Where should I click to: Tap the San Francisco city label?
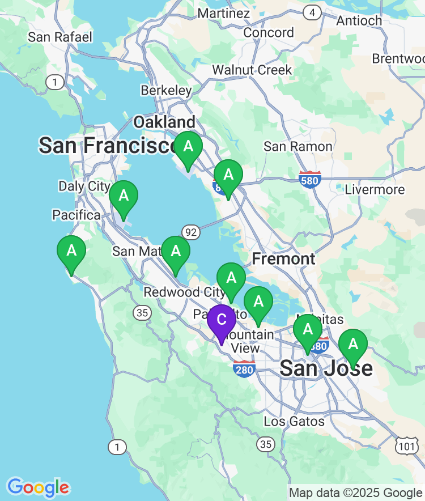pos(108,146)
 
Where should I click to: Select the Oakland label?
pos(164,122)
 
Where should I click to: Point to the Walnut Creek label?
pos(252,70)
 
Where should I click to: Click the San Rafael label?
pos(60,37)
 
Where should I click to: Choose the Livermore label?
pos(375,190)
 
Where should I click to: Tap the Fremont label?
pos(283,259)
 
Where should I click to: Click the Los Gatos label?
pos(294,421)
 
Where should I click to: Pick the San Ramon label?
pos(298,147)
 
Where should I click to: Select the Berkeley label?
pos(167,91)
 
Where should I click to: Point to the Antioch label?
pos(359,21)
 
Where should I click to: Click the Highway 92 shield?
pos(191,231)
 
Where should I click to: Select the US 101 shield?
pos(406,447)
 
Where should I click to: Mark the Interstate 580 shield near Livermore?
pos(310,179)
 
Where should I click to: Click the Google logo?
pos(38,487)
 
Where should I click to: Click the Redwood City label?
pos(179,292)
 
